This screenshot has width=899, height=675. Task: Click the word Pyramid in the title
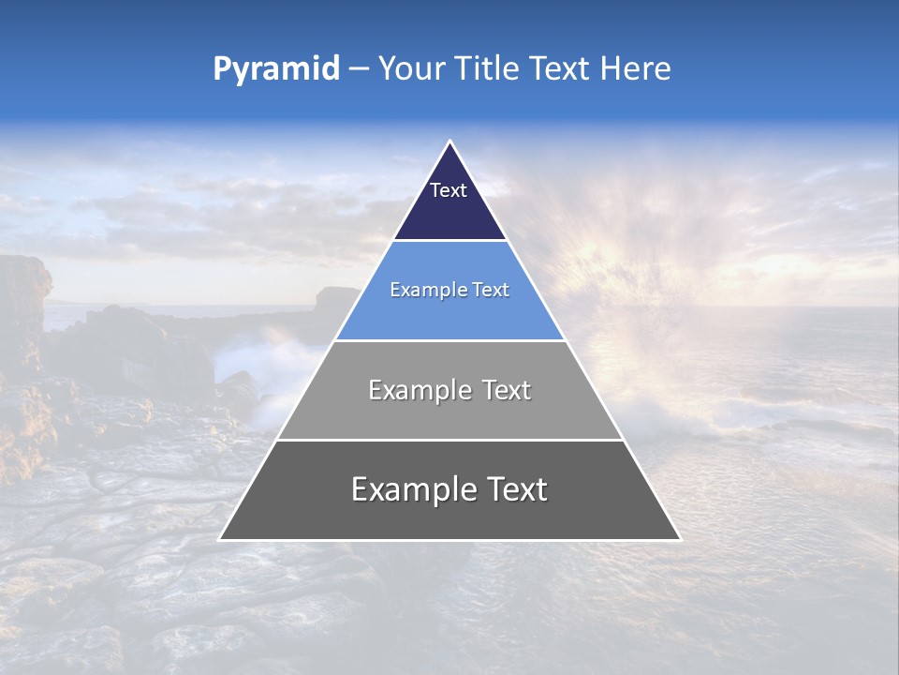click(275, 69)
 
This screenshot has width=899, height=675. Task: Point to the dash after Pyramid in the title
click(358, 69)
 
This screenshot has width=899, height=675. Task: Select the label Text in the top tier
click(448, 190)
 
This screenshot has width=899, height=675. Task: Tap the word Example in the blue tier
click(421, 291)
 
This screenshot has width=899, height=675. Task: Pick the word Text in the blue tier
click(492, 291)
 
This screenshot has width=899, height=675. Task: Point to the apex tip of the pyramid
click(449, 142)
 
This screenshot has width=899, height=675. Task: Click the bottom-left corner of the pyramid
click(221, 538)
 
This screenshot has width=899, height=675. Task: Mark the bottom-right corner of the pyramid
click(679, 538)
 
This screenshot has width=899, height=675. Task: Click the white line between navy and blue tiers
click(449, 241)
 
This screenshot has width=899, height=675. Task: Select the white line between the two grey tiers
click(449, 440)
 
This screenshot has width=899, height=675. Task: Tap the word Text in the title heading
click(561, 68)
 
